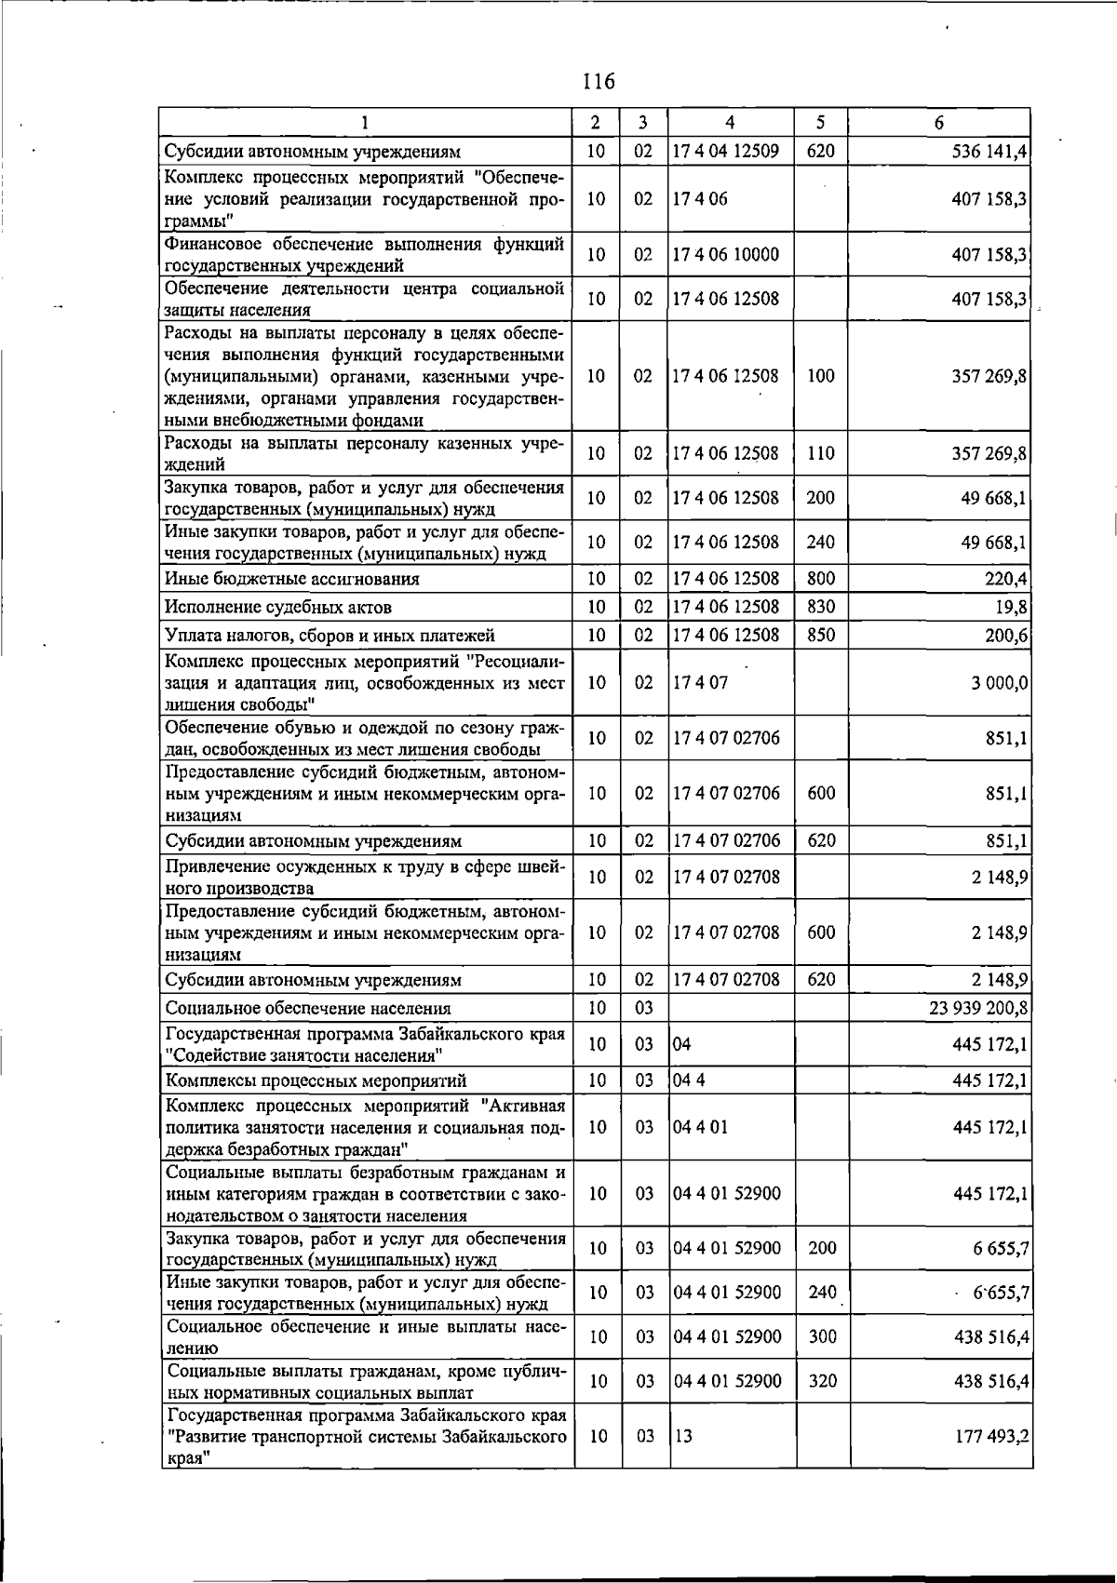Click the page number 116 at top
(599, 82)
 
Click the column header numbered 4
(731, 123)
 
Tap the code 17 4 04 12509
(725, 151)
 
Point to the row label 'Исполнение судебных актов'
(277, 608)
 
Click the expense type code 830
(820, 607)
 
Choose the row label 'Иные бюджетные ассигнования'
(291, 579)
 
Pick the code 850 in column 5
(820, 636)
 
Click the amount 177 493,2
(990, 1436)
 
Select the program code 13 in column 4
(683, 1436)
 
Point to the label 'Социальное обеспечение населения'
(307, 1008)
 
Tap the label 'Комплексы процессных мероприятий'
(316, 1080)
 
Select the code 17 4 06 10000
(725, 254)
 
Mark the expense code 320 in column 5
(822, 1381)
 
